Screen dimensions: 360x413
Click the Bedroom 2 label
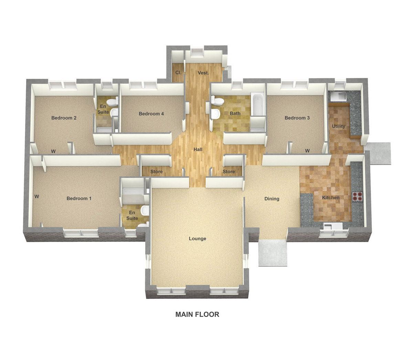pos(64,118)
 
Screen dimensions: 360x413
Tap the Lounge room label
pos(198,238)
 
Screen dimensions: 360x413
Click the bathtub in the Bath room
pos(257,104)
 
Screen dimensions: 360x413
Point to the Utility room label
pos(338,126)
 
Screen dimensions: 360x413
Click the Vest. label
pos(203,73)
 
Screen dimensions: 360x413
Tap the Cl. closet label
pos(178,73)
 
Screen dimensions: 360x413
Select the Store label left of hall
pos(156,172)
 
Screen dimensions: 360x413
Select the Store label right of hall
pos(229,172)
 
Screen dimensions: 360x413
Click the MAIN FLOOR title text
pos(197,314)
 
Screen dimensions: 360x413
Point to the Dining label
pos(272,198)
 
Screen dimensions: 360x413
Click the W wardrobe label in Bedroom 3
pos(307,151)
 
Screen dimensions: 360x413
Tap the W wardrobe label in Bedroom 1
pos(36,196)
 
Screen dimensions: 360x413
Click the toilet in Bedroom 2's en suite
pos(112,102)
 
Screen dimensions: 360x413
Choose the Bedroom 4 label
pos(151,114)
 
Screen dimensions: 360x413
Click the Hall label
pos(198,150)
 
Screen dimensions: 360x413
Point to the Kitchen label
pos(331,198)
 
